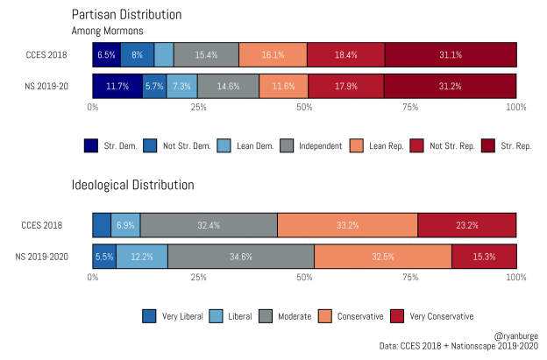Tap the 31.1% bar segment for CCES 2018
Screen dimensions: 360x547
[450, 54]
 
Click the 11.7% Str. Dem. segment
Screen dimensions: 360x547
[117, 86]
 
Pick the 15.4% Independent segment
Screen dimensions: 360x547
[206, 54]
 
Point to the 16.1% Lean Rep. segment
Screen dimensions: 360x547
[273, 54]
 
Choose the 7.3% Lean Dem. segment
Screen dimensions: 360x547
[181, 86]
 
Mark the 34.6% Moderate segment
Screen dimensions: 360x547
[240, 256]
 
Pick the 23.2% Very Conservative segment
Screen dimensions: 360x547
[466, 225]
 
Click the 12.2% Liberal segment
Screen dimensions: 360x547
[142, 256]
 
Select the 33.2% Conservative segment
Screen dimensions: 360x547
[347, 225]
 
